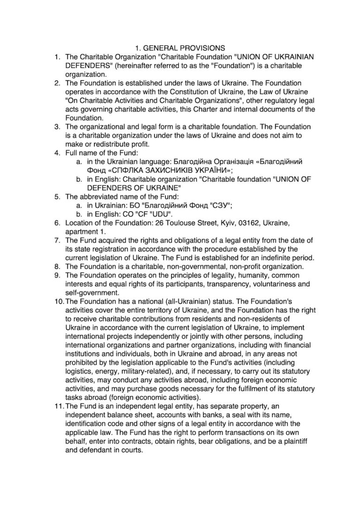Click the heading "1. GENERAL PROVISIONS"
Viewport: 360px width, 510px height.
(180, 48)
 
